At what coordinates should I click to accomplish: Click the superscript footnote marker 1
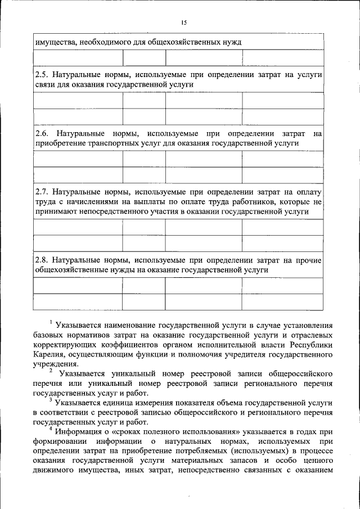51,322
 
